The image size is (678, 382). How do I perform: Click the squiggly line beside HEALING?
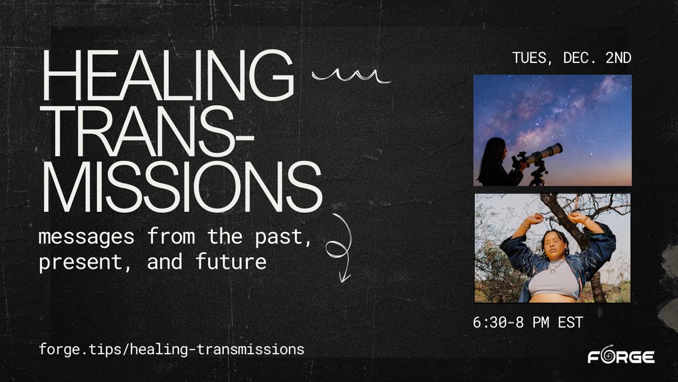pyautogui.click(x=351, y=77)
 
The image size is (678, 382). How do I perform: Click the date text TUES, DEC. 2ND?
pyautogui.click(x=572, y=58)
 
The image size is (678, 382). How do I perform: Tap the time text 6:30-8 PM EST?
pyautogui.click(x=527, y=322)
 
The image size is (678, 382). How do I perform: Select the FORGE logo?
pyautogui.click(x=620, y=357)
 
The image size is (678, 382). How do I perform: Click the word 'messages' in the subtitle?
pyautogui.click(x=82, y=238)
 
